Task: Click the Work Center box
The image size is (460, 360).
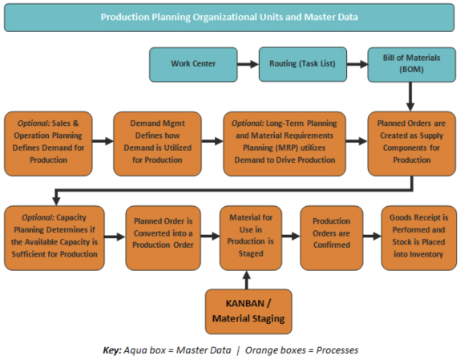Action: point(193,65)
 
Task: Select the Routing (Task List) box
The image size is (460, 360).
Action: point(303,65)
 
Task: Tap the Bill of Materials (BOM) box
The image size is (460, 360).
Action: point(412,65)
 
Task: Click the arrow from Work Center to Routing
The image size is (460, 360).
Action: point(248,64)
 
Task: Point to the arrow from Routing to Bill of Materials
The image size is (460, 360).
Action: point(357,64)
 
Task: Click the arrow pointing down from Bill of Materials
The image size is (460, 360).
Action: point(410,96)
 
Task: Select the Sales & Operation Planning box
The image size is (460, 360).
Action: point(48,144)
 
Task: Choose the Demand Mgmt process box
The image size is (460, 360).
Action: point(158,144)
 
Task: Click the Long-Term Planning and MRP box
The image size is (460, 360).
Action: point(284,144)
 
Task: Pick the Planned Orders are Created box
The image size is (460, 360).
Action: point(412,144)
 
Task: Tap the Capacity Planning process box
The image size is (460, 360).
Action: point(54,238)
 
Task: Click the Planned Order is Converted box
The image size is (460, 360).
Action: point(163,238)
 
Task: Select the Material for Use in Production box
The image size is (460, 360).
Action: point(251,238)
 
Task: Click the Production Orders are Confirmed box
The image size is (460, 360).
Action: point(332,238)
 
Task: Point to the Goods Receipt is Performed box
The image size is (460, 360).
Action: point(419,238)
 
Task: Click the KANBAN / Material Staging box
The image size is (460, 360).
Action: point(248,312)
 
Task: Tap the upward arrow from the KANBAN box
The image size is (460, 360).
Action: point(247,280)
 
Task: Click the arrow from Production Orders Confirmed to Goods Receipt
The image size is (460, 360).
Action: point(372,236)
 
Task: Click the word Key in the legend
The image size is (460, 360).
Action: point(111,350)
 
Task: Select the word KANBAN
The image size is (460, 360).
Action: point(245,303)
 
